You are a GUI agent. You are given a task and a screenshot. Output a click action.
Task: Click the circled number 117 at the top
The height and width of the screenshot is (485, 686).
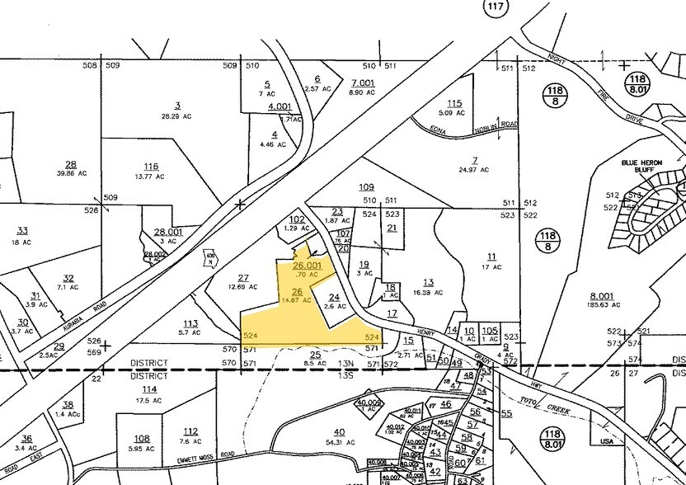pos(494,7)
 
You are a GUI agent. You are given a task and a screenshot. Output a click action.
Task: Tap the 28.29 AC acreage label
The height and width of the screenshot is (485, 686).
pos(176,117)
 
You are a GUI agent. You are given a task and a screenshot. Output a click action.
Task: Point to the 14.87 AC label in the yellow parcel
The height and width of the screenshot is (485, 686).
pos(295,300)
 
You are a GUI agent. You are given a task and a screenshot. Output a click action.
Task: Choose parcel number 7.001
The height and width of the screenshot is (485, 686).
pos(363,82)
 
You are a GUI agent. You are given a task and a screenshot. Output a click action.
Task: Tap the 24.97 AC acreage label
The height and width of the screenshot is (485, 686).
pos(474,170)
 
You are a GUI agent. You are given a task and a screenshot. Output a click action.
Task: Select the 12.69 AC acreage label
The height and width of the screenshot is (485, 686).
pos(243,288)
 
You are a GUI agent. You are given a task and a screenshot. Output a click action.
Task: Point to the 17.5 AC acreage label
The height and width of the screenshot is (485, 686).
pos(149,401)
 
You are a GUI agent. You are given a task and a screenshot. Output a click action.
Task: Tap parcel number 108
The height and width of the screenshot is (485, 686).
pos(142,439)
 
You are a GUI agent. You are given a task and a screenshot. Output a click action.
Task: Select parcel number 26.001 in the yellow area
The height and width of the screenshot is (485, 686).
pos(307,266)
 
